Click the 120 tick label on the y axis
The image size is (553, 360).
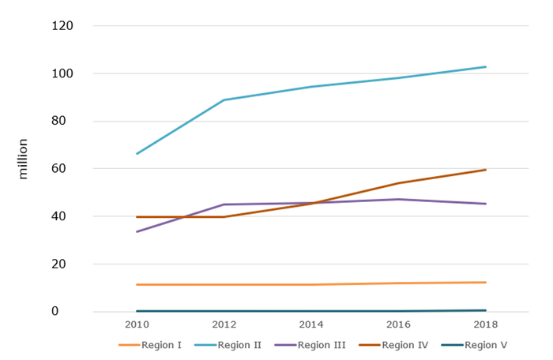coord(62,26)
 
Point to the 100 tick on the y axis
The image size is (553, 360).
coord(62,73)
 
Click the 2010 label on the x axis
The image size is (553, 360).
coord(137,325)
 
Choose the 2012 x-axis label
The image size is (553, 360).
coord(224,325)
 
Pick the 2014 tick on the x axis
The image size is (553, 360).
coord(311,325)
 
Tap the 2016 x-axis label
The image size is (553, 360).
coord(398,325)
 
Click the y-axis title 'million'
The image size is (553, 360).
coord(23,159)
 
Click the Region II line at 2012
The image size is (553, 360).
coord(224,100)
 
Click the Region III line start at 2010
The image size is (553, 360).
coord(137,231)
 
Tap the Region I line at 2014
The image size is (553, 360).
coord(311,284)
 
